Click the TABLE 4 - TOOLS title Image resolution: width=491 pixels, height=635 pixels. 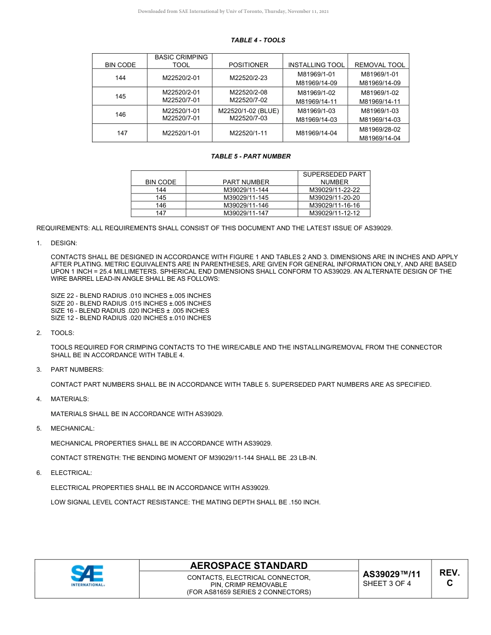257,40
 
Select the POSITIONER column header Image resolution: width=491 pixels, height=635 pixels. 248,65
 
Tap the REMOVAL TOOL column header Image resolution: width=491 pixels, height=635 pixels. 379,65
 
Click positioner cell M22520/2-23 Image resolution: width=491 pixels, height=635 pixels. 248,78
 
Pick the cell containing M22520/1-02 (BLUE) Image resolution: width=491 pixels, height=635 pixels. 248,111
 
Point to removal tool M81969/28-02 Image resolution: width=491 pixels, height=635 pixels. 379,130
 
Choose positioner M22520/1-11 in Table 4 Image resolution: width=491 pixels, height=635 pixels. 248,133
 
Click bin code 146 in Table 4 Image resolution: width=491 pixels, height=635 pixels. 120,115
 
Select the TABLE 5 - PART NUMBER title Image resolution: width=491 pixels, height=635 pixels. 251,156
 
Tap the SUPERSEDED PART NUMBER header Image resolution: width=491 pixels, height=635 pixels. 334,178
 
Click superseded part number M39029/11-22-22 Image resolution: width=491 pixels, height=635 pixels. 334,190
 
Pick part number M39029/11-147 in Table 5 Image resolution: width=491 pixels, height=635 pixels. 245,213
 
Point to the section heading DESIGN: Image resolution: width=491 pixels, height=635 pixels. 64,243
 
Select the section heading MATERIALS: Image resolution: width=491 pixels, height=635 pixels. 69,399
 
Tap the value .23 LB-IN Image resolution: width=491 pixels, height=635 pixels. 303,458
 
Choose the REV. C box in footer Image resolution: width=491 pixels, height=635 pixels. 449,578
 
